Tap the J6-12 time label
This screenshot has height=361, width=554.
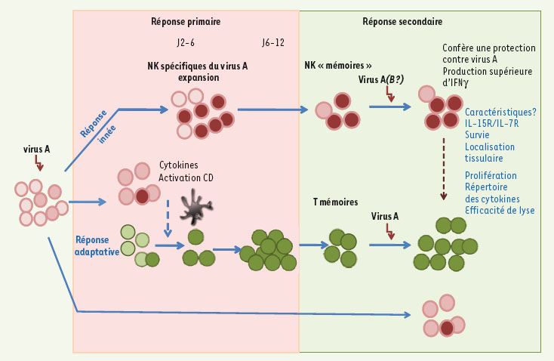[273, 43]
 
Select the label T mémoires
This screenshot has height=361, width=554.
[336, 202]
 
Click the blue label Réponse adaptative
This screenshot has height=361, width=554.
[97, 245]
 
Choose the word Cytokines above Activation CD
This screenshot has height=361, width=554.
[179, 165]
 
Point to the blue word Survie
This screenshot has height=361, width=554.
[479, 135]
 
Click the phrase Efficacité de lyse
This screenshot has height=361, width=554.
[499, 210]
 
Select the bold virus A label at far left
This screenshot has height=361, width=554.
[36, 149]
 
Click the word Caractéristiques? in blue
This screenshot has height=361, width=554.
[500, 112]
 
